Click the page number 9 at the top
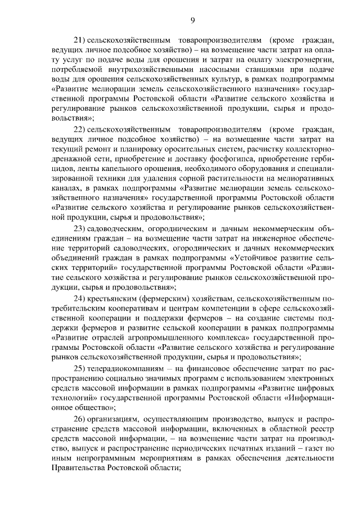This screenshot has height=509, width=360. pyautogui.click(x=192, y=21)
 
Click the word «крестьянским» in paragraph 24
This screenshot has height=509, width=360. pyautogui.click(x=114, y=298)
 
